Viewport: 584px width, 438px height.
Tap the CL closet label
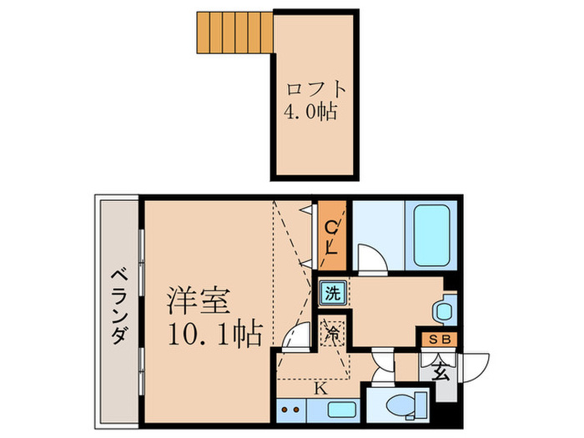(x=331, y=236)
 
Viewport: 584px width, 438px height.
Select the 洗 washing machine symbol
(x=332, y=293)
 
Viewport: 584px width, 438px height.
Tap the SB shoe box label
(x=436, y=340)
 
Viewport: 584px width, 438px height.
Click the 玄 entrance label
(x=440, y=370)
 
